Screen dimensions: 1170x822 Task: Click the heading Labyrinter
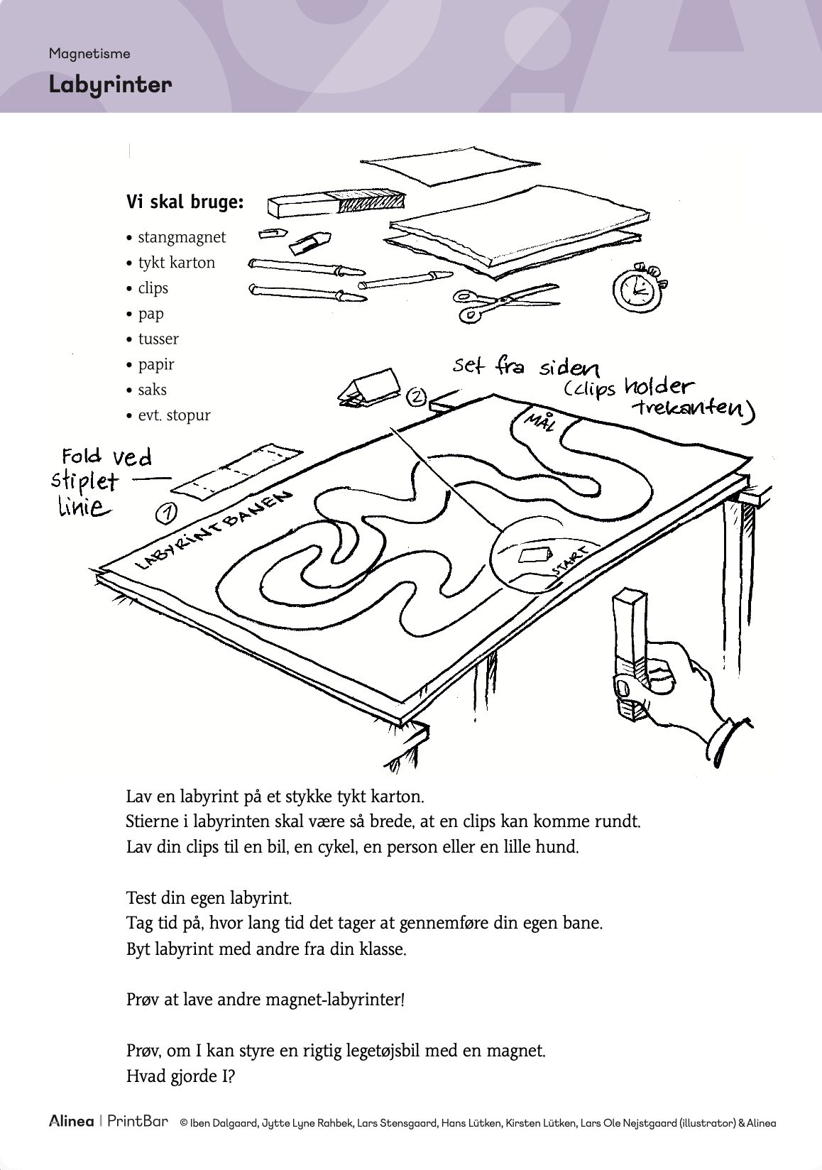[110, 84]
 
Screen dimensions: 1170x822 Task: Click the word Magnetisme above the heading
[89, 53]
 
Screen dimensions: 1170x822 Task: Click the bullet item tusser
[158, 339]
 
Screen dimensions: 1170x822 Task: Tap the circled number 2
[417, 397]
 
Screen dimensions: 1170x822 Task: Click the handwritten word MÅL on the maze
[539, 422]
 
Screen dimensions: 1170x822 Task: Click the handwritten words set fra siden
[525, 367]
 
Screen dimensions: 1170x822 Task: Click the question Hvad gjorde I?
[180, 1076]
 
